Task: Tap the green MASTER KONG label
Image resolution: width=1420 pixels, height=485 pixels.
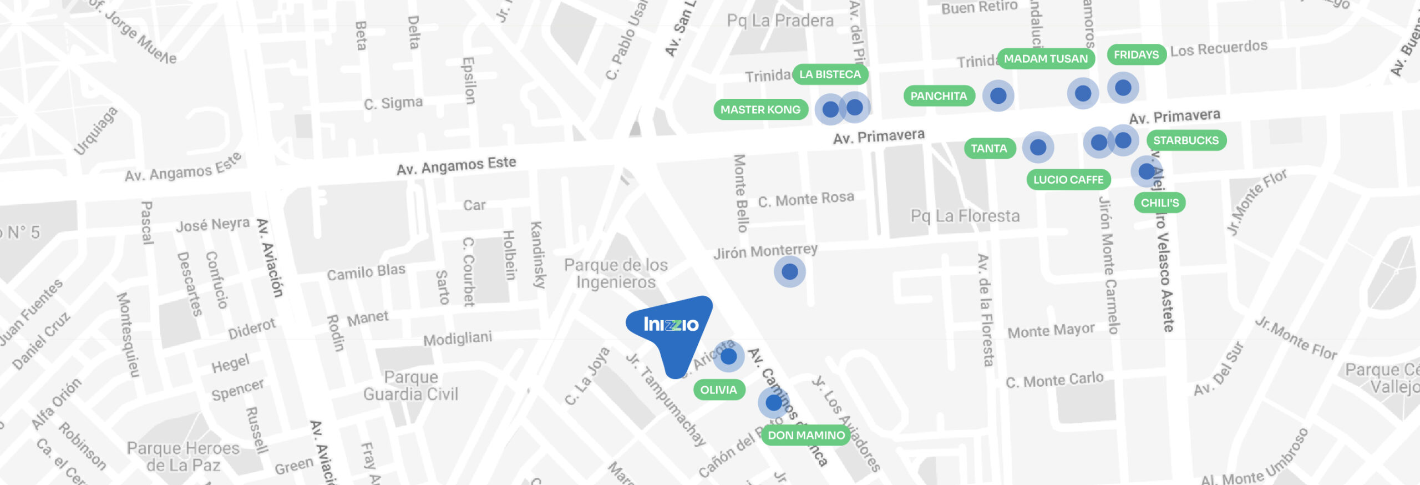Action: coord(760,110)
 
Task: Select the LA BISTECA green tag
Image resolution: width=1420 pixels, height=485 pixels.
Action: coord(830,74)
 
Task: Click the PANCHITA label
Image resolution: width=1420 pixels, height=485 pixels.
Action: coord(939,96)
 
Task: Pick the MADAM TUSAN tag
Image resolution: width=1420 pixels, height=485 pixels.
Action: coord(1046,59)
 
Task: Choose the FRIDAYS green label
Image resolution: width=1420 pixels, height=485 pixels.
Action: coord(1136,55)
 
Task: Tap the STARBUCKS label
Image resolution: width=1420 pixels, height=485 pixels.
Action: coord(1186,140)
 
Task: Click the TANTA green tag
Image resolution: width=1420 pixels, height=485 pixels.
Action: coord(988,149)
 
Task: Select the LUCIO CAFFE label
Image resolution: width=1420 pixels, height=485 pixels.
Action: coord(1068,180)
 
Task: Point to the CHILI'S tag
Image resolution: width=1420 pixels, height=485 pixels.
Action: coord(1159,203)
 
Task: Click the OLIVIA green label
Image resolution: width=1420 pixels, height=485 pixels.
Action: coord(718,390)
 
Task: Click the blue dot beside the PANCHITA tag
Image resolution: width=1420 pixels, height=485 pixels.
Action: coord(998,95)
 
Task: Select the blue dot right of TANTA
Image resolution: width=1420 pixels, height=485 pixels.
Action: coord(1038,148)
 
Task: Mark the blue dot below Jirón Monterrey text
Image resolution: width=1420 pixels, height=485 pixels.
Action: coord(789,272)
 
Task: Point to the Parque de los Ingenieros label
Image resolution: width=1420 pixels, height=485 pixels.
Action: coord(616,274)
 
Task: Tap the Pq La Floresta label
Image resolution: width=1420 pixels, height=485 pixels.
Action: coord(965,216)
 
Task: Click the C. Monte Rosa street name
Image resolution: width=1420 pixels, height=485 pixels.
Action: coord(805,199)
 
